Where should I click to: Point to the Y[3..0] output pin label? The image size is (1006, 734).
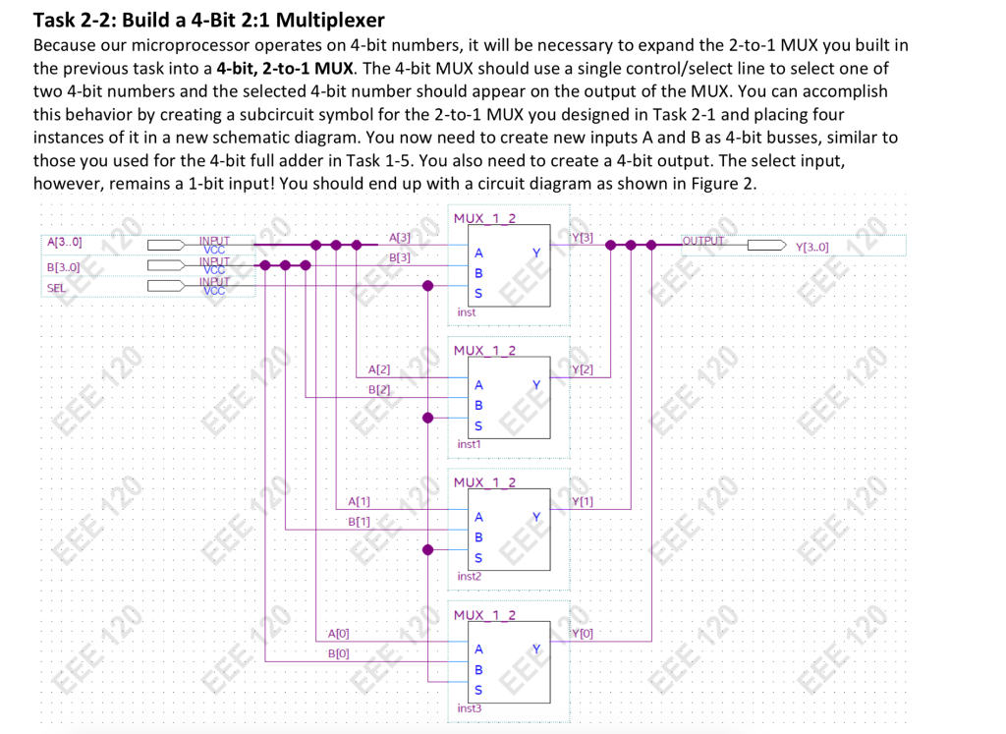814,247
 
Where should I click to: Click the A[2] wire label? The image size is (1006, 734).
378,370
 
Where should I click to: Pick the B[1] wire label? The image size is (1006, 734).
359,521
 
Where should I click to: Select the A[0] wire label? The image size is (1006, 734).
338,634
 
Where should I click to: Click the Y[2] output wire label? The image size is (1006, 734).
583,369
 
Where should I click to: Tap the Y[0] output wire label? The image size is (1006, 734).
583,634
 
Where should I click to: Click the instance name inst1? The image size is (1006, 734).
469,444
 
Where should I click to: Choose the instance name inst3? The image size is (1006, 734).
470,707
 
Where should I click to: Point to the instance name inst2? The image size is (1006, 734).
469,576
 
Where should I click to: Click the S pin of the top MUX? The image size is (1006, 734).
478,294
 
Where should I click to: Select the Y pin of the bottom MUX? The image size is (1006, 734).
535,649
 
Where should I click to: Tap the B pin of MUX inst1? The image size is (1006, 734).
478,405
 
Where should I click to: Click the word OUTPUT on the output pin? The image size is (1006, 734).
703,241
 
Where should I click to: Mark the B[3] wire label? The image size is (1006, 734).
399,257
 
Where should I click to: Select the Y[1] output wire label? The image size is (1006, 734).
583,502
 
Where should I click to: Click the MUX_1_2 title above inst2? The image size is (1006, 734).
485,482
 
